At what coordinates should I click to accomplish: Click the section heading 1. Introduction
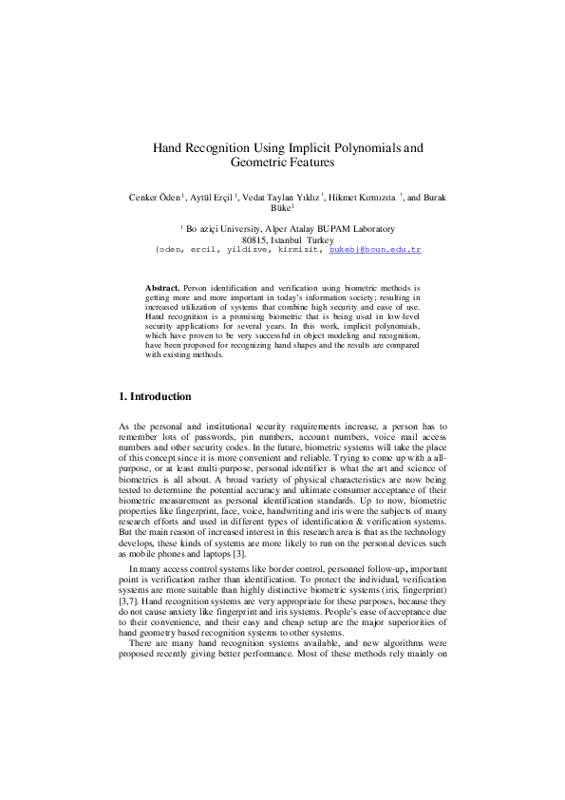tap(154, 396)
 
